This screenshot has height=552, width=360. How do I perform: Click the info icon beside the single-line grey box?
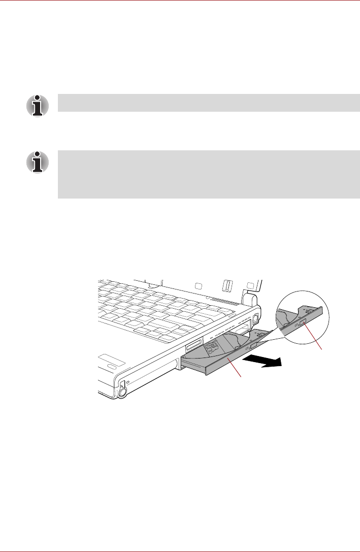[38, 105]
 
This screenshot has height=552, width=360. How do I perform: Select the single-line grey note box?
[209, 103]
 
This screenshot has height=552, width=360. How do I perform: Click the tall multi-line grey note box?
[209, 174]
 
